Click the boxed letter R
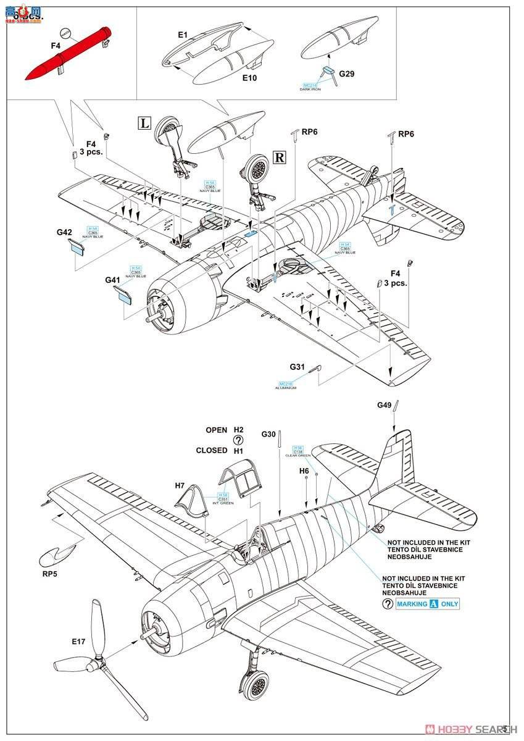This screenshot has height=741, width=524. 279,157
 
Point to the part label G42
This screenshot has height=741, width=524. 64,232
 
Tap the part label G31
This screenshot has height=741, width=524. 297,367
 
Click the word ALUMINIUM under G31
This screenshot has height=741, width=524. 287,387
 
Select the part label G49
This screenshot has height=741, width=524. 385,405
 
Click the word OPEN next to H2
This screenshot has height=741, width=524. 217,430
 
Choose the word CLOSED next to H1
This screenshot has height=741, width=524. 212,450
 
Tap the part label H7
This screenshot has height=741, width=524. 180,485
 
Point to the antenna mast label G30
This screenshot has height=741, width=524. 268,434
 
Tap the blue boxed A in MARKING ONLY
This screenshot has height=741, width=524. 433,604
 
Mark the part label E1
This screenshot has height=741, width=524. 182,36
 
